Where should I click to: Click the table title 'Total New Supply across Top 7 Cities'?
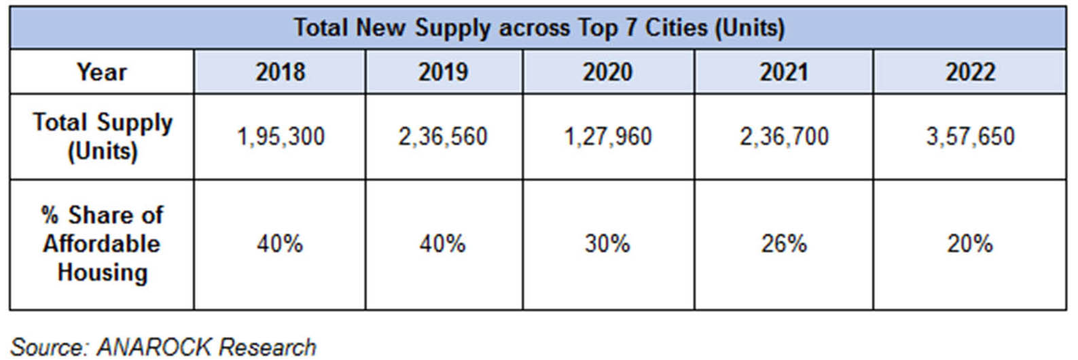539,28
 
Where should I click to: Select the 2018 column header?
280,72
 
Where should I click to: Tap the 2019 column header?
443,72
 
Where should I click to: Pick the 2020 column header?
607,72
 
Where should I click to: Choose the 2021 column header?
784,72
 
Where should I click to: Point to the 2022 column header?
970,72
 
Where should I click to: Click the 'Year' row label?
102,72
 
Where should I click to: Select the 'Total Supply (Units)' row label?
103,137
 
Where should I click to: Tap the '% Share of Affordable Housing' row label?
102,244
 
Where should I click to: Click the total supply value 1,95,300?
280,137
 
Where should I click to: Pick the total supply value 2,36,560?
443,137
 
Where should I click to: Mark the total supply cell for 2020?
607,137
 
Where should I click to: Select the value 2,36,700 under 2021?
784,137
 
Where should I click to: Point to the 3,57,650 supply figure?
970,137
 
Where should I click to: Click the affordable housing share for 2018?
280,244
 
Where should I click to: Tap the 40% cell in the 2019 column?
443,244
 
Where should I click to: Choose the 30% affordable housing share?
607,244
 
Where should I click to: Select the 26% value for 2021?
784,244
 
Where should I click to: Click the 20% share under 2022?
970,244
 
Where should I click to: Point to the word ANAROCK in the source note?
154,347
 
